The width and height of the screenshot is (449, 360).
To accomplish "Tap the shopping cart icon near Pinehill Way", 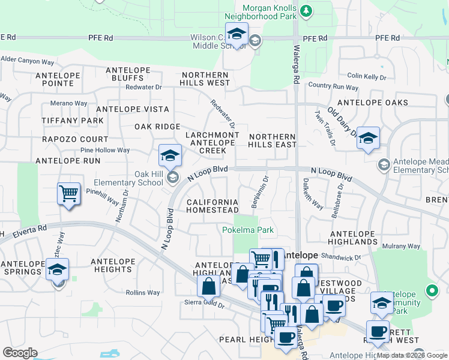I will (69, 194).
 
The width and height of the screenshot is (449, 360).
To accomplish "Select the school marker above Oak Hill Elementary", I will (170, 156).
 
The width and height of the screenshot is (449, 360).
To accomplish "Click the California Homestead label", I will (212, 206).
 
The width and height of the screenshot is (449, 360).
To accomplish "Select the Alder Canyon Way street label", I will (28, 60).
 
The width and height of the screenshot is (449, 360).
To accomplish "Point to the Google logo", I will (20, 353).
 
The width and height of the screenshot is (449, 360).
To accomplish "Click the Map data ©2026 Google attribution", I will (412, 355).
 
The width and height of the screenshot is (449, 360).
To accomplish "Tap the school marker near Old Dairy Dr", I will (368, 139).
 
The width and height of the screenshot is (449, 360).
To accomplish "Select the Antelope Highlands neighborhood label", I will (354, 237).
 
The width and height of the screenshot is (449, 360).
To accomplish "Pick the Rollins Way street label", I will (143, 293).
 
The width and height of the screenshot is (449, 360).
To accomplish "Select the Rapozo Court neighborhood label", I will (67, 139).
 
